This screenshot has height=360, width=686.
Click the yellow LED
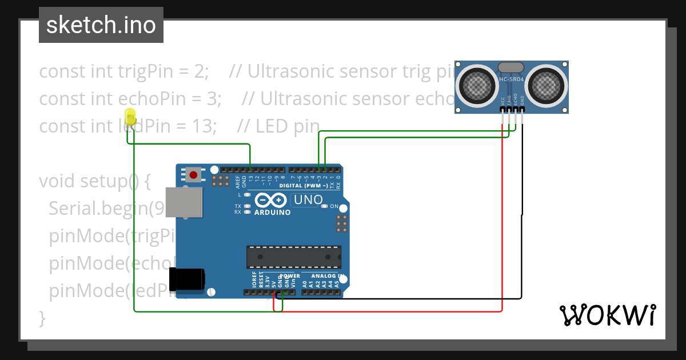click(x=130, y=117)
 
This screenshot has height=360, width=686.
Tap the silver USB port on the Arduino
click(x=184, y=202)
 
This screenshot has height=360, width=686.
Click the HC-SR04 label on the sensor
click(x=511, y=79)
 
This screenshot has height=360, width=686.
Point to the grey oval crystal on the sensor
click(x=511, y=68)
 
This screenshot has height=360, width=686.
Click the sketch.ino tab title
click(x=101, y=25)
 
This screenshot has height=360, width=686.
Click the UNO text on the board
click(x=308, y=200)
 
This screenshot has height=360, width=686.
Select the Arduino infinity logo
click(x=269, y=201)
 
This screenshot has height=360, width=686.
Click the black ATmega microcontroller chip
click(x=294, y=257)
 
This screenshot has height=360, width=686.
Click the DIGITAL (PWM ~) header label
click(x=303, y=186)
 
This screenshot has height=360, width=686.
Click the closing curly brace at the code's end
click(x=42, y=317)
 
